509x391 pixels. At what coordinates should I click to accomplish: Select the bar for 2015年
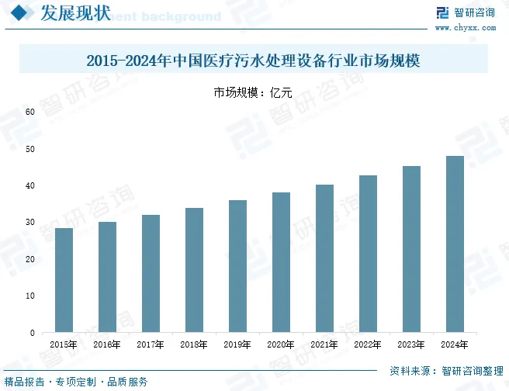(64, 280)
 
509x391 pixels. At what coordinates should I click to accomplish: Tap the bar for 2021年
(324, 258)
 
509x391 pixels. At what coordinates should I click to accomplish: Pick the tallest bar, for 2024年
(455, 244)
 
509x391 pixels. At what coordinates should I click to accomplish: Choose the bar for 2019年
(237, 266)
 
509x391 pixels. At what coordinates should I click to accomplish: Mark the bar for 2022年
(368, 254)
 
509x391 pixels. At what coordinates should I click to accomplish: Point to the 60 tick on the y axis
(30, 112)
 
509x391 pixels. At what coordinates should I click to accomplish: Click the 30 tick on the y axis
(30, 223)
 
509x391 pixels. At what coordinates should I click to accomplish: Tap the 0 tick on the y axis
(33, 333)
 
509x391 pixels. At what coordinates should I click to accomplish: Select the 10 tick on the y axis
(30, 296)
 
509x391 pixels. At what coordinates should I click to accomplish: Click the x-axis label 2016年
(106, 344)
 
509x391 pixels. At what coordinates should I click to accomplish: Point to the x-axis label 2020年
(280, 344)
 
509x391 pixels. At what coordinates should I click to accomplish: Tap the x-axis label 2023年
(410, 344)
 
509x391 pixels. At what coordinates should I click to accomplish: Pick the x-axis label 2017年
(150, 344)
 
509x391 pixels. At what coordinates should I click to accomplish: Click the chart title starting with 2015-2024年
(254, 60)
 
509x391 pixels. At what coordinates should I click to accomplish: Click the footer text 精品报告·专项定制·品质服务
(76, 382)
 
